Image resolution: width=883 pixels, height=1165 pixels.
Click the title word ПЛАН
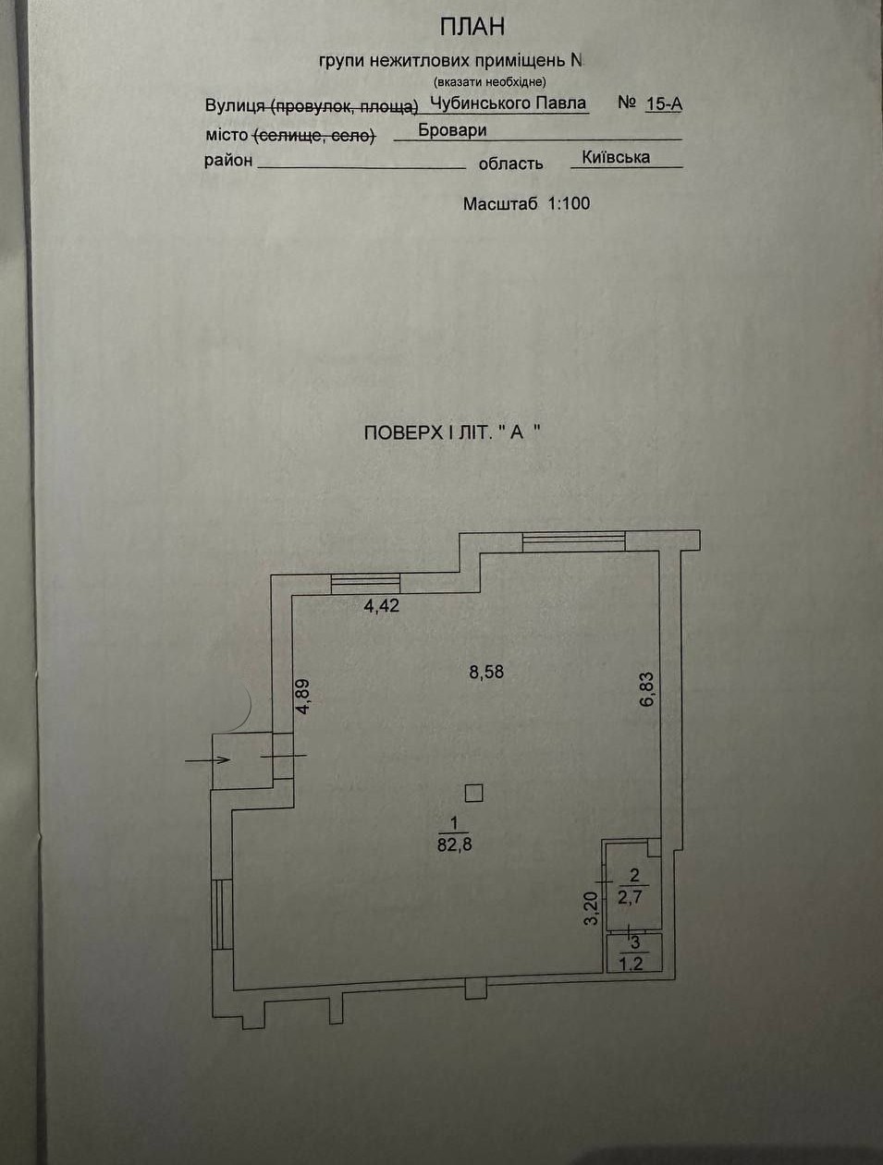[x=472, y=27]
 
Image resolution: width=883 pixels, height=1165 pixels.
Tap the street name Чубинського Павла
[x=509, y=103]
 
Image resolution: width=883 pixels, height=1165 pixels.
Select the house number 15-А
[x=663, y=103]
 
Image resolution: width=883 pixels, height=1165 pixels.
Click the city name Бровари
[x=452, y=130]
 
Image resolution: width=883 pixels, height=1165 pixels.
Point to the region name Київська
[x=616, y=157]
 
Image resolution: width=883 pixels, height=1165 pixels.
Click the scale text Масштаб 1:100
[x=526, y=203]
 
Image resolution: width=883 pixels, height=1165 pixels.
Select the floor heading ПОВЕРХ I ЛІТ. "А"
[x=451, y=432]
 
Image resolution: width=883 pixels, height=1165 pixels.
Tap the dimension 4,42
[x=381, y=607]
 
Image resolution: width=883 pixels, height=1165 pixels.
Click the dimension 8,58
[x=486, y=672]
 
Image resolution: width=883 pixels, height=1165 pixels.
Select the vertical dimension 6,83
[x=646, y=688]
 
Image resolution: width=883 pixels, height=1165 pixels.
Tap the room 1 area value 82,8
[x=454, y=843]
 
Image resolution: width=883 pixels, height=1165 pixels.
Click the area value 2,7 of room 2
[x=634, y=896]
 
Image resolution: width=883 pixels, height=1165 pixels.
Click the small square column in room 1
[x=473, y=792]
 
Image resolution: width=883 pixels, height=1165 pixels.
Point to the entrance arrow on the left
[x=208, y=759]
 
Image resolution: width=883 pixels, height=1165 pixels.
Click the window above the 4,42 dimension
[x=365, y=582]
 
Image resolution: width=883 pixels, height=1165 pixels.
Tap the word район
[x=228, y=161]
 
